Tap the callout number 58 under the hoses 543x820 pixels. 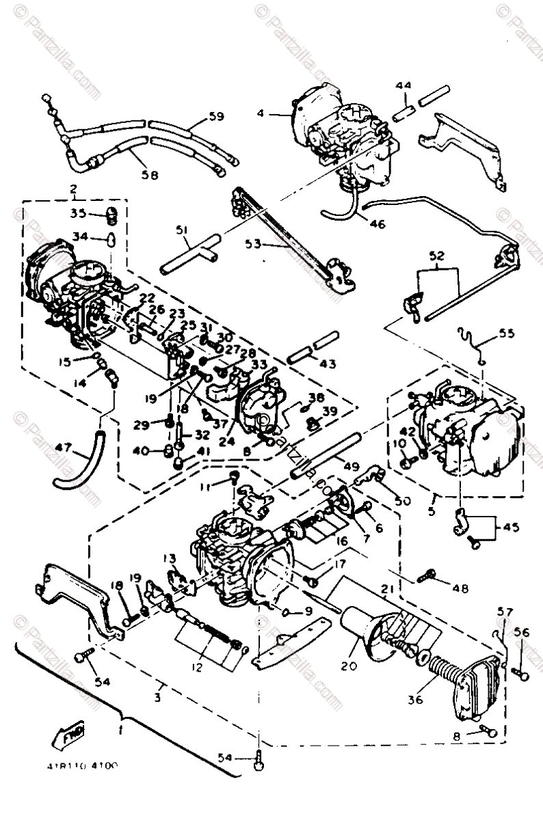pos(149,175)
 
